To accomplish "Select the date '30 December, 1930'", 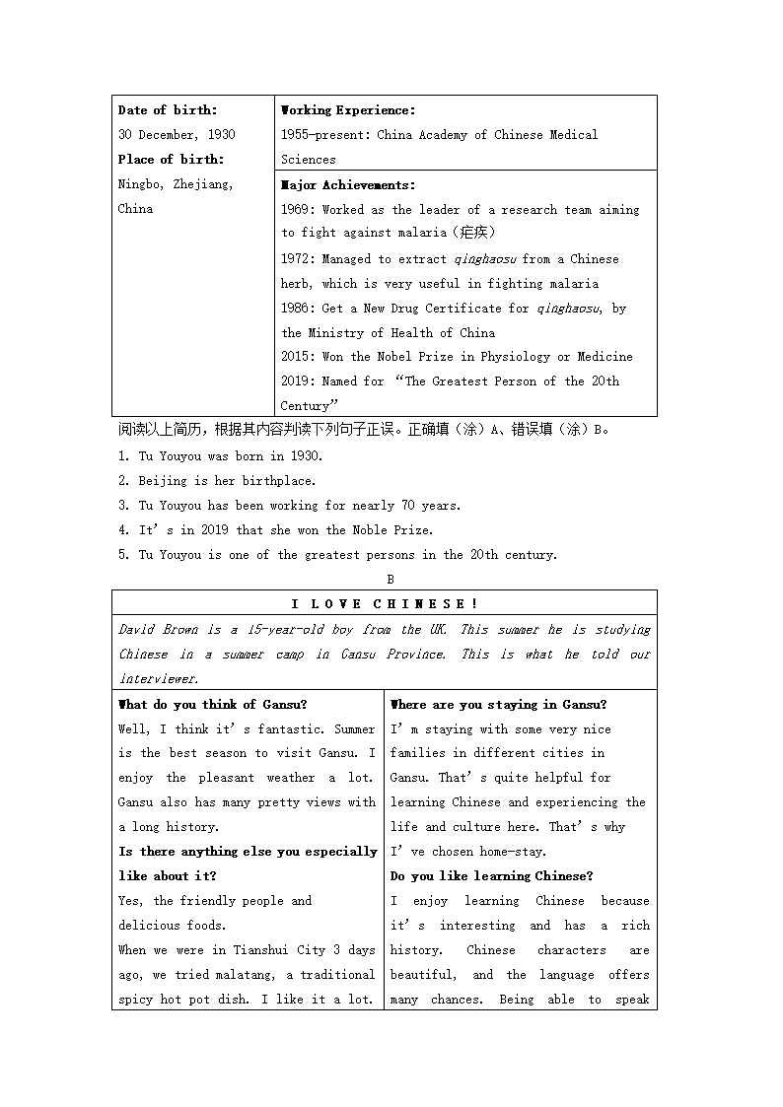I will (x=177, y=135).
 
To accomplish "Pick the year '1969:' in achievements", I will (x=298, y=210).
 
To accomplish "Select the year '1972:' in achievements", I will (x=298, y=259).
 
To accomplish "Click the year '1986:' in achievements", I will (x=298, y=309).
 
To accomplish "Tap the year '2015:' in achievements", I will (x=298, y=357).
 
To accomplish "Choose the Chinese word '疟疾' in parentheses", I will (x=472, y=234).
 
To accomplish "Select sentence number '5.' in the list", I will (x=124, y=555).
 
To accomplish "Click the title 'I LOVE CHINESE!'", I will (x=385, y=604).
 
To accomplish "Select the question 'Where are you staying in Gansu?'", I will (x=499, y=705).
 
